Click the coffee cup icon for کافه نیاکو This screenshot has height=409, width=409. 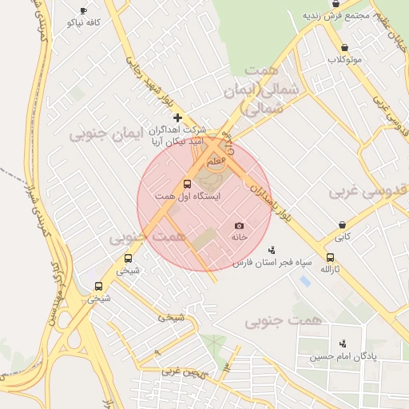pyautogui.click(x=84, y=10)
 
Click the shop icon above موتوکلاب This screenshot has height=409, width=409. pyautogui.click(x=344, y=48)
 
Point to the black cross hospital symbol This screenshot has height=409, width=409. pyautogui.click(x=177, y=118)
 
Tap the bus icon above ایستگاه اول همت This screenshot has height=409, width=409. pyautogui.click(x=188, y=184)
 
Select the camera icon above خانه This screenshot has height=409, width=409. pyautogui.click(x=239, y=226)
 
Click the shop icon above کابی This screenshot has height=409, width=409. pyautogui.click(x=342, y=225)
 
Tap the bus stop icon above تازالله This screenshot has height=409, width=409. pyautogui.click(x=330, y=257)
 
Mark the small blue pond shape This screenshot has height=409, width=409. pyautogui.click(x=304, y=281)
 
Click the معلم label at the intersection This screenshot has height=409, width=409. pyautogui.click(x=216, y=162)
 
